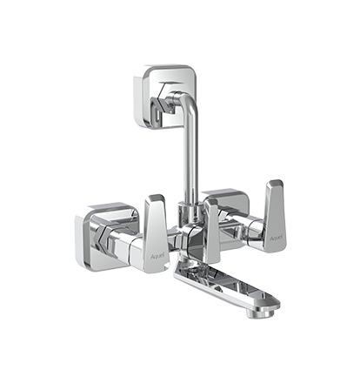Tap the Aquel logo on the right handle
pos(276,236)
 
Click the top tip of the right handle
pos(276,184)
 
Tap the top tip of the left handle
pos(156,198)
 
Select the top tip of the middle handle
pos(211,200)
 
